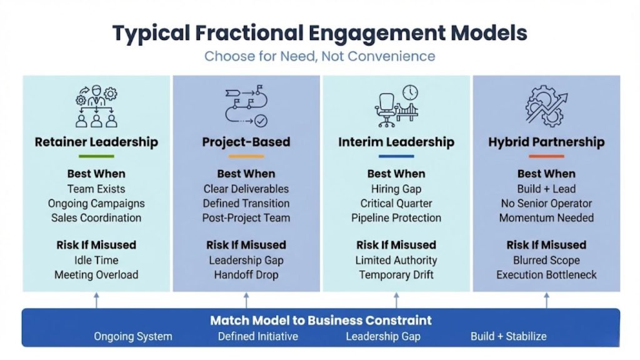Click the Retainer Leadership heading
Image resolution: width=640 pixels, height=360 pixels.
point(96,142)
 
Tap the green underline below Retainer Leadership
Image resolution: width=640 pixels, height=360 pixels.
point(96,156)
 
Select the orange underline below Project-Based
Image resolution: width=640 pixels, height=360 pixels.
point(246,156)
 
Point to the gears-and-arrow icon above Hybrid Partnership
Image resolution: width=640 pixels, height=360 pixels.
point(546,104)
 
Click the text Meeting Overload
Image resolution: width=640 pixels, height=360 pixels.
point(96,275)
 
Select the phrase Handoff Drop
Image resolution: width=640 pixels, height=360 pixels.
point(246,275)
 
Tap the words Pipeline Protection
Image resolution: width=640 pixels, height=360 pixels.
point(396,218)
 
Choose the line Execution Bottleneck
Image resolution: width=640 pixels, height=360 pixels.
point(546,275)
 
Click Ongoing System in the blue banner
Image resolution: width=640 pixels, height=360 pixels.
point(133,336)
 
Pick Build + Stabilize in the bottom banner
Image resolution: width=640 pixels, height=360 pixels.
point(508,336)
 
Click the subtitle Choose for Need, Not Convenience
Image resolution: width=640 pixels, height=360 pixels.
point(320,56)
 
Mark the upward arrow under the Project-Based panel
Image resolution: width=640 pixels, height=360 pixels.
point(246,301)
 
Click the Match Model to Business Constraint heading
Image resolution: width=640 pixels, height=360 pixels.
point(321,321)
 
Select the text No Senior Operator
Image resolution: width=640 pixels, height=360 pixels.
point(546,204)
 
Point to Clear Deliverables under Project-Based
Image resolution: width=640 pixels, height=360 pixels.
point(246,189)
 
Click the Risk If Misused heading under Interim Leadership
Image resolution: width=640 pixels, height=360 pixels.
point(396,245)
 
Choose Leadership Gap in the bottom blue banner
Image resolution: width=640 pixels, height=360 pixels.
point(383,336)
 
